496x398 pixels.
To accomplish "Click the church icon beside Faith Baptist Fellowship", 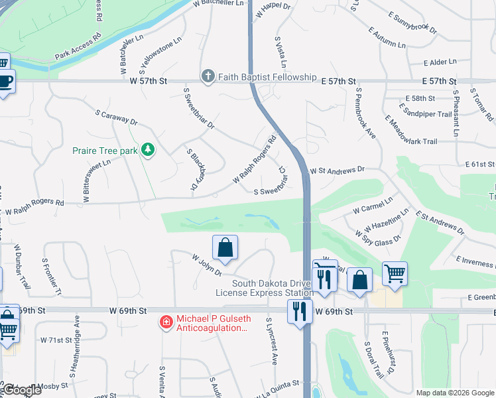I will [x=208, y=76].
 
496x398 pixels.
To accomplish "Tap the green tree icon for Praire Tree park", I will [x=147, y=151].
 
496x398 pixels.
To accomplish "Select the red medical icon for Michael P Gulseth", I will [x=165, y=322].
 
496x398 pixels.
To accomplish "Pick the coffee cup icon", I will [x=5, y=82].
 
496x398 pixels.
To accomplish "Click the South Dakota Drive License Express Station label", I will [x=265, y=288].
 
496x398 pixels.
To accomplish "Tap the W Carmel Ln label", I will [x=373, y=204].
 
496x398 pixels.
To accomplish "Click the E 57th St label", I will [x=440, y=81].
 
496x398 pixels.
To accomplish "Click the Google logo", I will [x=21, y=389].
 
